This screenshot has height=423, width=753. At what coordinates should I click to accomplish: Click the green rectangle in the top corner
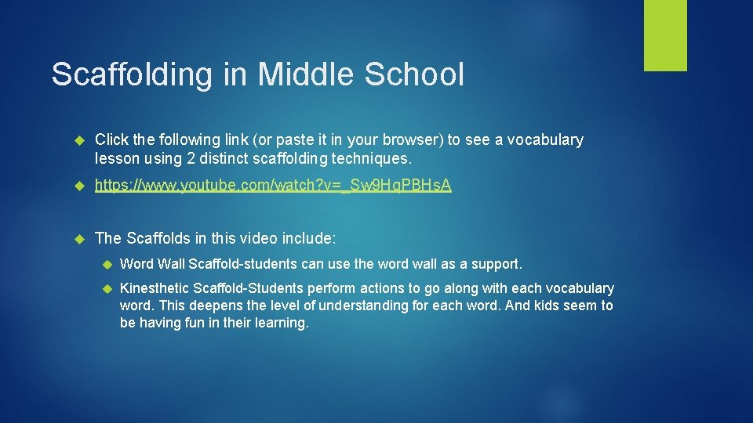pyautogui.click(x=665, y=35)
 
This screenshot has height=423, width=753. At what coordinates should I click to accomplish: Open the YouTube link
pyautogui.click(x=273, y=186)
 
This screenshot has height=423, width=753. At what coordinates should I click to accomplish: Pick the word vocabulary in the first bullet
pyautogui.click(x=545, y=140)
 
